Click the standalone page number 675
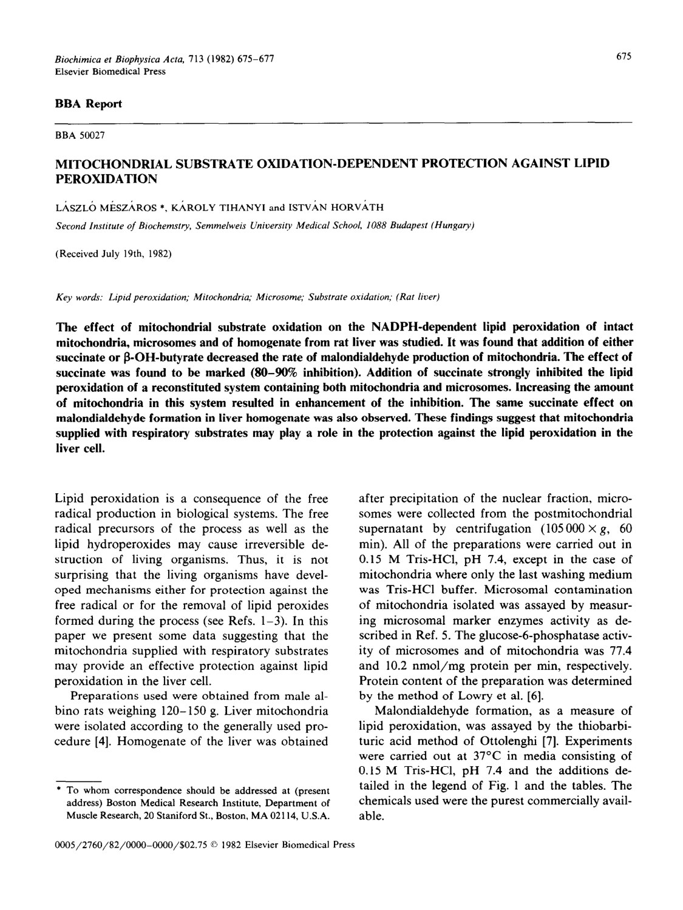(x=624, y=56)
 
